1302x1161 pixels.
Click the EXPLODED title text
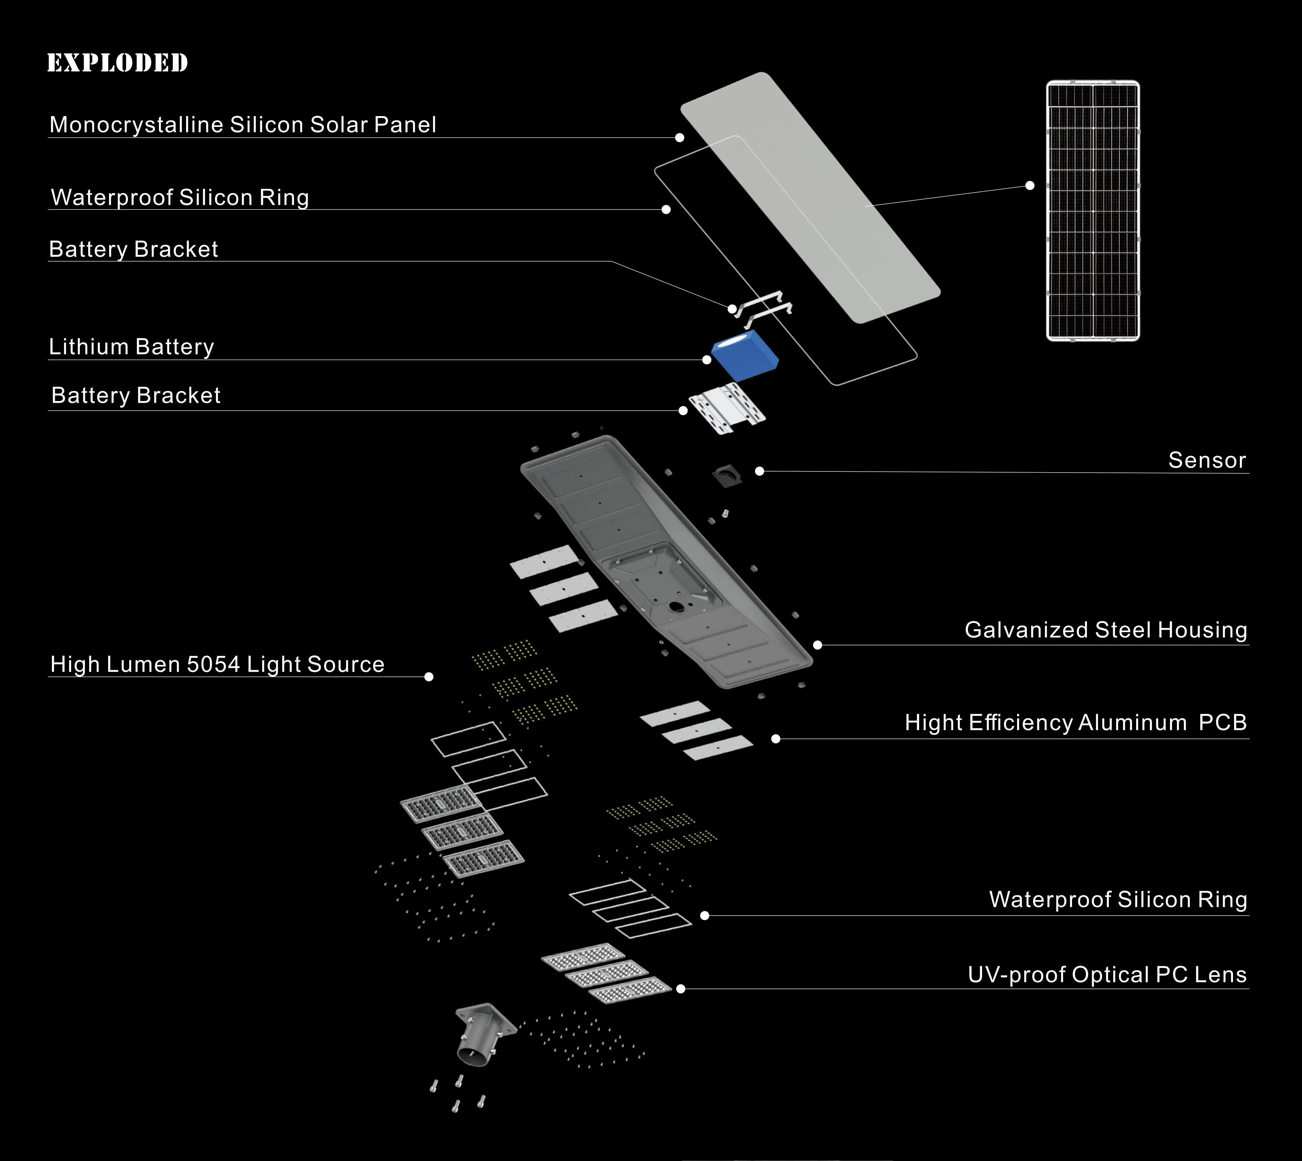(x=117, y=63)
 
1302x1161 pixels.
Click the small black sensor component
(x=727, y=476)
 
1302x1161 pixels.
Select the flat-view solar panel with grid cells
(x=1093, y=211)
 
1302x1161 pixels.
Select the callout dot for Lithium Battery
(x=706, y=360)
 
